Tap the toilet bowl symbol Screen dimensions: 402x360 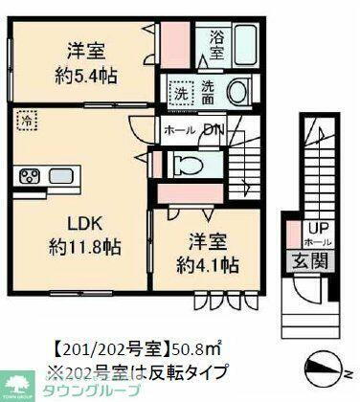189,165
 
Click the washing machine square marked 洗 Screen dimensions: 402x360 181,93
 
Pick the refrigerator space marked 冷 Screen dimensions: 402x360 27,123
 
